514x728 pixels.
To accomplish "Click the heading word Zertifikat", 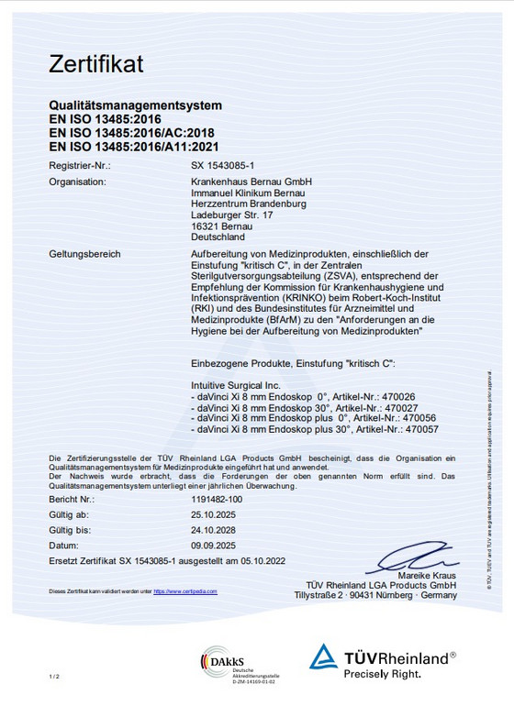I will [96, 65].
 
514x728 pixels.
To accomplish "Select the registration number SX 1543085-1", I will [222, 166].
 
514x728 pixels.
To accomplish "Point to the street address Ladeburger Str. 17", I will [232, 215].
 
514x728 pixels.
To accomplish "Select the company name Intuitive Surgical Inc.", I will [234, 383].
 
